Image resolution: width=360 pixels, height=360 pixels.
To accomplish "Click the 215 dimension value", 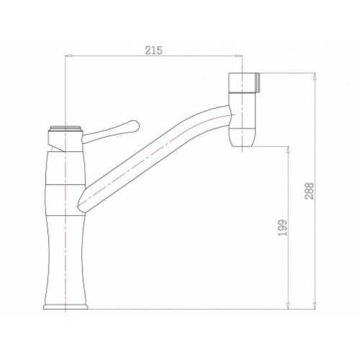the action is coord(153,50).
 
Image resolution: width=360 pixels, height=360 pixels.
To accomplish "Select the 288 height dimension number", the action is coord(310,191).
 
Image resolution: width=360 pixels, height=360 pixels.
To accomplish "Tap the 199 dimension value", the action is coord(283,228).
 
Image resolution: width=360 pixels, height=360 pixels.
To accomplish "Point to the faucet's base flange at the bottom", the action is coord(66,307).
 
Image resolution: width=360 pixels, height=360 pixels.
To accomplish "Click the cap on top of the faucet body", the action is coord(66,128).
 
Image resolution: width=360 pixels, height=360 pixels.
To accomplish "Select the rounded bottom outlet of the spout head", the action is coord(242,138).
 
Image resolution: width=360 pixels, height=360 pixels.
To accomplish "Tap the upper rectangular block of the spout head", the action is coord(243,82).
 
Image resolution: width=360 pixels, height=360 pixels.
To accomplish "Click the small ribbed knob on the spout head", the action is coord(258,82).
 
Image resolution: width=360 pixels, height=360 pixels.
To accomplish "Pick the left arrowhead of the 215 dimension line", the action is coord(68,55).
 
